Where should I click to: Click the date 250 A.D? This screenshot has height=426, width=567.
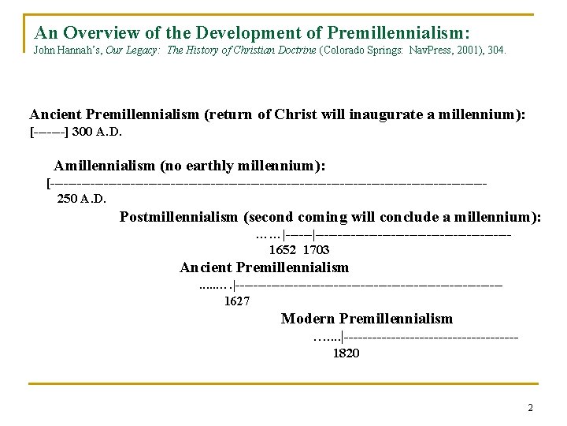(81, 198)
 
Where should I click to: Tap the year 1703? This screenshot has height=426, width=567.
(317, 250)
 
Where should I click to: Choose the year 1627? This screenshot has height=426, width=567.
(237, 301)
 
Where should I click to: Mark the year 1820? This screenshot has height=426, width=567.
(346, 353)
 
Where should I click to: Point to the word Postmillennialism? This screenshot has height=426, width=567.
(179, 217)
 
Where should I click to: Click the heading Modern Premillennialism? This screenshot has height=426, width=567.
(367, 319)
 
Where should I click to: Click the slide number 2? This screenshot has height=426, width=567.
(530, 408)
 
